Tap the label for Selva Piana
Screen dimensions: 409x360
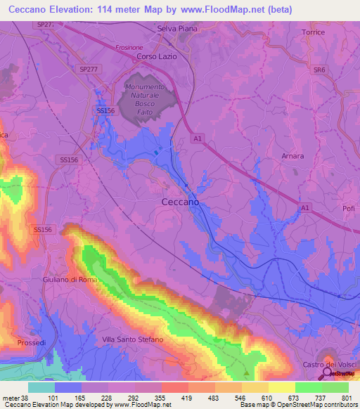(x=176, y=28)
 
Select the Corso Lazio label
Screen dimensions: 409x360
(x=156, y=56)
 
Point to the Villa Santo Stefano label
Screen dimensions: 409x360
(x=132, y=339)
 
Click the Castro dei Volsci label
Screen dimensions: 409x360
(x=330, y=364)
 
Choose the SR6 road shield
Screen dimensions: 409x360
(x=320, y=70)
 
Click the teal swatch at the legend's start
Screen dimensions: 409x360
(x=41, y=387)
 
